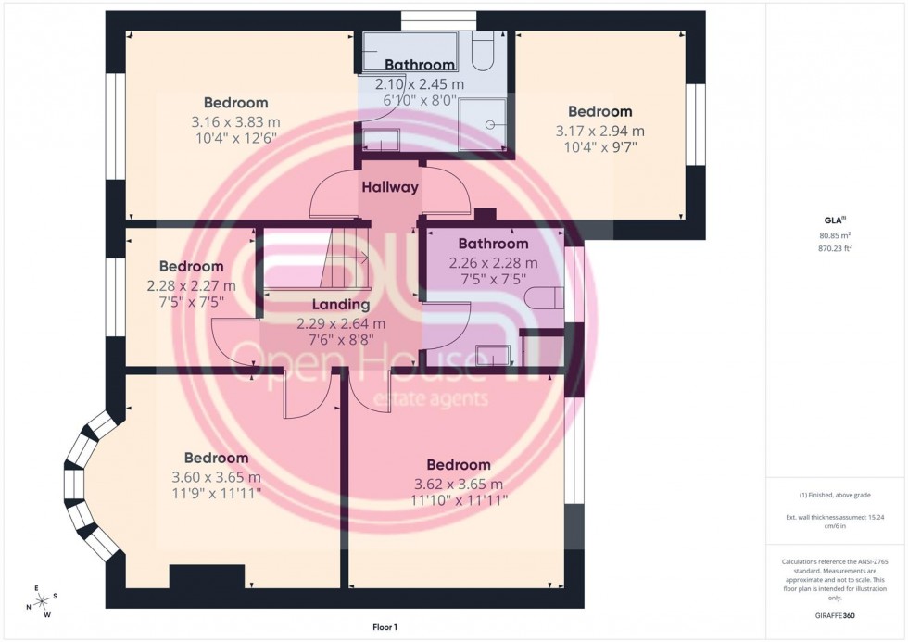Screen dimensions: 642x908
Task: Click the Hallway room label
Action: click(x=389, y=187)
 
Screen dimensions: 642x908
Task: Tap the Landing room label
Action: click(x=340, y=305)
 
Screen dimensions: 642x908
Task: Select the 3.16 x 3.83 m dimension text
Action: click(x=235, y=121)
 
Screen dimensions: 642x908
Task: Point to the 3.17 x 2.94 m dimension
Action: click(x=599, y=131)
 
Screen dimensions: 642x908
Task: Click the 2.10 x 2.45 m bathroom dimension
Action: click(x=419, y=83)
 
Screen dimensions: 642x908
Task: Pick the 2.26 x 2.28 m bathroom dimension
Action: click(x=493, y=262)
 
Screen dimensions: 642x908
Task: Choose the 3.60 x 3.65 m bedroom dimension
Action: click(x=216, y=477)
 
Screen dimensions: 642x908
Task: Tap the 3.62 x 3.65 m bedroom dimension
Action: click(x=458, y=484)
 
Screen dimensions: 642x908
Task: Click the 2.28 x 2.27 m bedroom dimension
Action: click(x=191, y=285)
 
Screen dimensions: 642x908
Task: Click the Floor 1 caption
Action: click(x=380, y=627)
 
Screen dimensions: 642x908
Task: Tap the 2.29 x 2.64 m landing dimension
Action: click(x=340, y=323)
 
